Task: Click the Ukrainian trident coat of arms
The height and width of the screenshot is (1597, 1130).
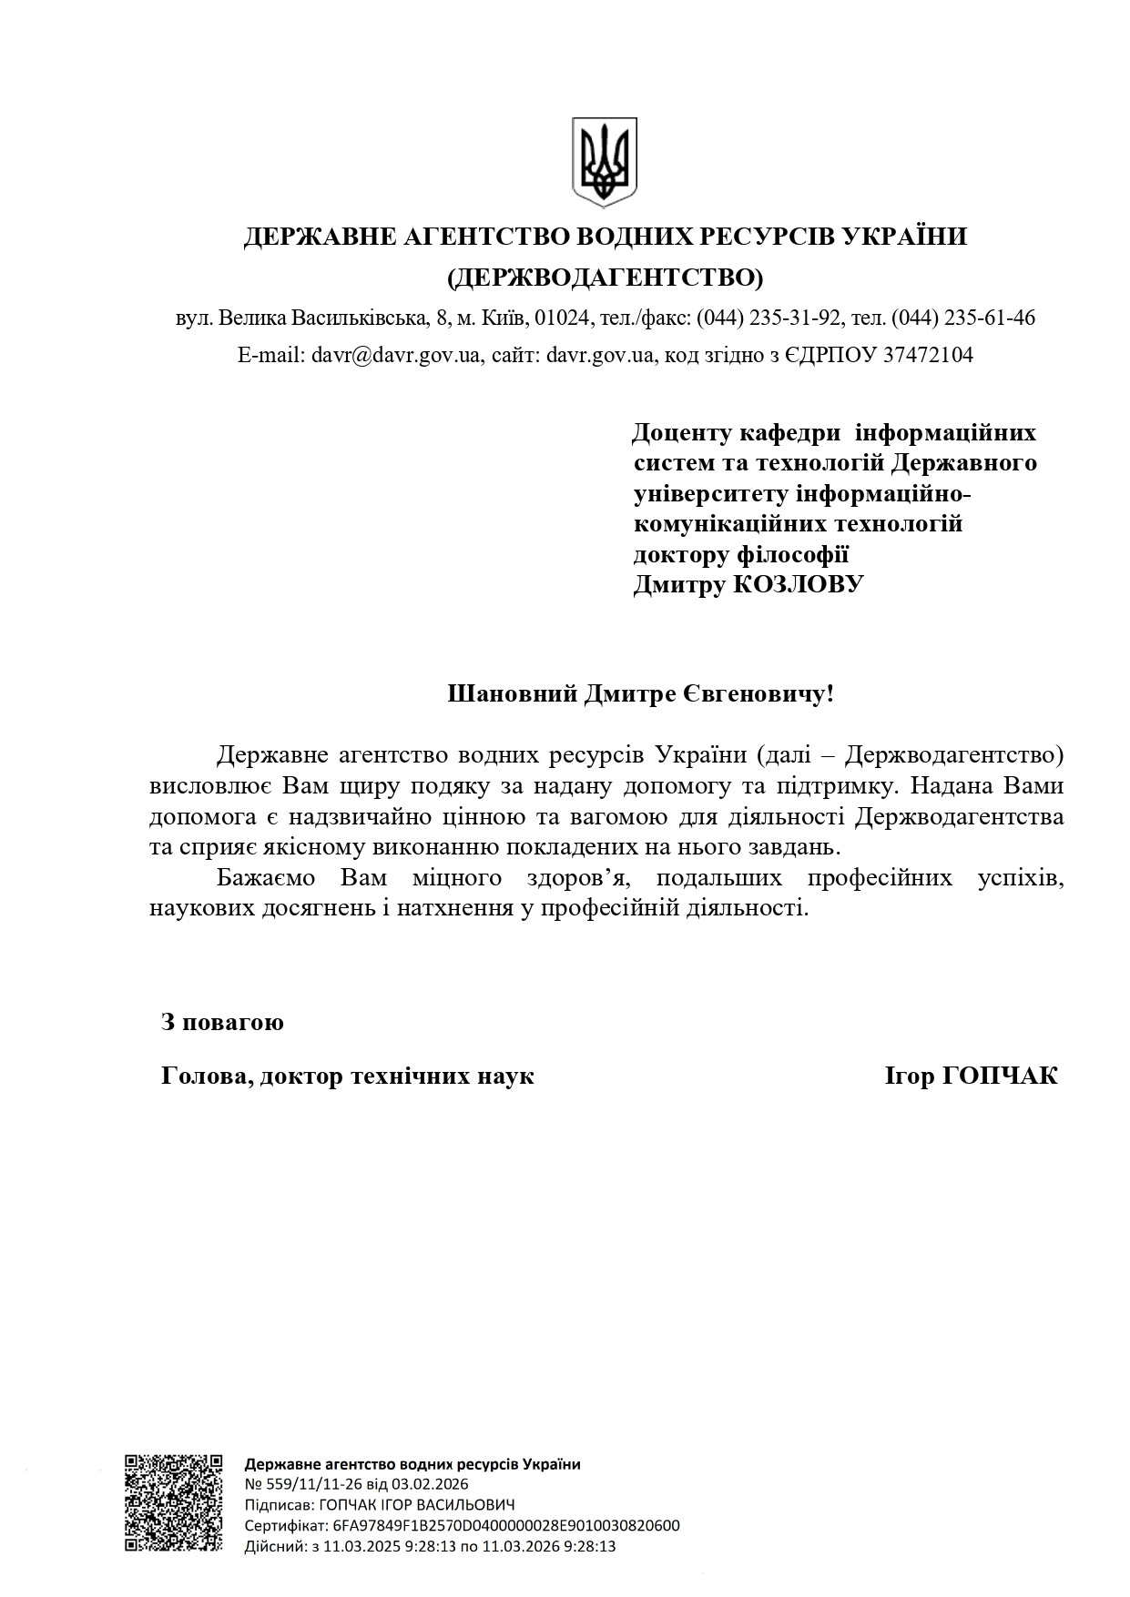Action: pos(604,162)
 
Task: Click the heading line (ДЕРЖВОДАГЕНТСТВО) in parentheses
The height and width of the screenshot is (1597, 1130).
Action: pos(606,276)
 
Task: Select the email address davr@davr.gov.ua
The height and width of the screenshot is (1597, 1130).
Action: pos(395,355)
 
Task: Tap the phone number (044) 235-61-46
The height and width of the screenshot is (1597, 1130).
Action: pos(963,318)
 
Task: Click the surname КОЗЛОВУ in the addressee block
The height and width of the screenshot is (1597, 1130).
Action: pos(799,584)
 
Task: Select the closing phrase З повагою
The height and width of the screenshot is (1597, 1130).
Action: pos(223,1022)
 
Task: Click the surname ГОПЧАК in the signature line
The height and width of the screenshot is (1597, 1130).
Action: pos(1000,1076)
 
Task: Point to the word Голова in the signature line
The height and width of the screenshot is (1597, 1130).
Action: pos(205,1076)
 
